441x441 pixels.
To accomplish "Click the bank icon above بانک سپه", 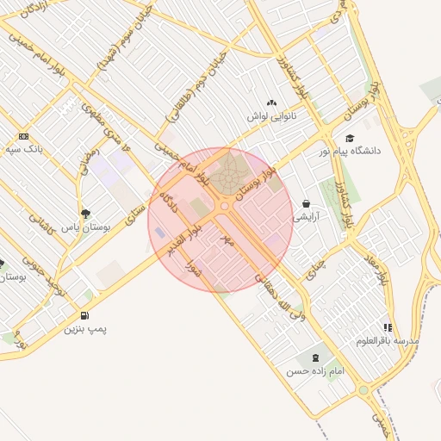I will coord(22,136).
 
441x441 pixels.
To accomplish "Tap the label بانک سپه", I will coord(23,149).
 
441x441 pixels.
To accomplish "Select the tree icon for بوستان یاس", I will coord(84,213).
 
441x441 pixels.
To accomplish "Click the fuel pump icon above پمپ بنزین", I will coord(84,315).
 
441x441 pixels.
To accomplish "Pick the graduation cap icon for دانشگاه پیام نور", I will coord(349,138).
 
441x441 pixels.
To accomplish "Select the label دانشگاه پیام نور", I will coord(354,151).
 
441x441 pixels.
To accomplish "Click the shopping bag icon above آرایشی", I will coord(306,204).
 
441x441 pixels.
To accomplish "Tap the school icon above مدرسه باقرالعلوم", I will coord(388,327).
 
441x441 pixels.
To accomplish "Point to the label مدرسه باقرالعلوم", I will coord(388,341).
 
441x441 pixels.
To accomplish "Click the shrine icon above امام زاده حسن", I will coord(313,357).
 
